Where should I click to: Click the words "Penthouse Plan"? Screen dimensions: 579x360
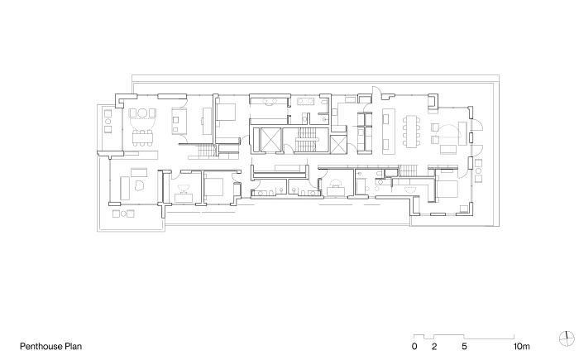click(50, 346)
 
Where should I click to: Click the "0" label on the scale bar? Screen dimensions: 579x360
click(414, 346)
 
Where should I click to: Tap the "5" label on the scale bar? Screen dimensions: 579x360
click(464, 346)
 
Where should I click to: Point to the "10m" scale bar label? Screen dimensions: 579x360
click(521, 346)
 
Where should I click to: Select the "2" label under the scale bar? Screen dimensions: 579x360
click(434, 346)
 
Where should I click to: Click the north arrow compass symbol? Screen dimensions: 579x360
click(567, 338)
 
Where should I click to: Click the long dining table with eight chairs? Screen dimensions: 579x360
click(412, 131)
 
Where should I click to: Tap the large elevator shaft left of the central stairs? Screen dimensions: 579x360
click(269, 140)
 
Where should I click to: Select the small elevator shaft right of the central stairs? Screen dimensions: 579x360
click(337, 144)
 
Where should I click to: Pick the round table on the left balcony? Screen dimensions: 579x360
click(108, 121)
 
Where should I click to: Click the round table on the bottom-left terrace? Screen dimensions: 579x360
click(124, 214)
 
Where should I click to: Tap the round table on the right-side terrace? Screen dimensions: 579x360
click(479, 170)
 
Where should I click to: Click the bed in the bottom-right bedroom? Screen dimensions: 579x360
click(447, 189)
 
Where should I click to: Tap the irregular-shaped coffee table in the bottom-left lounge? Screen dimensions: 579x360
click(140, 185)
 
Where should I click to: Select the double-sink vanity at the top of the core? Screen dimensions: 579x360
click(269, 100)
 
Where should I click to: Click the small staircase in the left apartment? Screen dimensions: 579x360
click(207, 151)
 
